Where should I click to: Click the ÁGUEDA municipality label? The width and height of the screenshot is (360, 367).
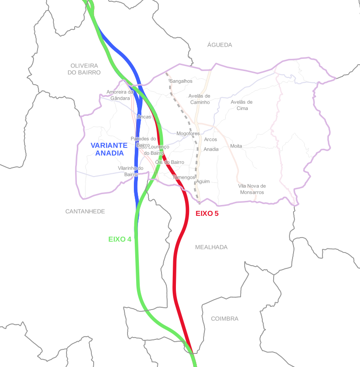pyautogui.click(x=219, y=45)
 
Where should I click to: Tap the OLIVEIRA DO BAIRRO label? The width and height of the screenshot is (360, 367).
pyautogui.click(x=84, y=69)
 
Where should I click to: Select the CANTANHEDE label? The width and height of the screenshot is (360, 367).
pyautogui.click(x=85, y=211)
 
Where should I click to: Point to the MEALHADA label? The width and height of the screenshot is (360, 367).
pyautogui.click(x=211, y=247)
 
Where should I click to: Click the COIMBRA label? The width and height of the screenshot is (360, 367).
pyautogui.click(x=224, y=319)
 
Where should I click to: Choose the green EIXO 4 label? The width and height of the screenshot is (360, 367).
pyautogui.click(x=119, y=239)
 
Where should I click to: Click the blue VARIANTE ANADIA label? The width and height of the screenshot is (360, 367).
pyautogui.click(x=109, y=149)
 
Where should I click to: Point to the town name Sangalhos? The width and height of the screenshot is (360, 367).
pyautogui.click(x=181, y=81)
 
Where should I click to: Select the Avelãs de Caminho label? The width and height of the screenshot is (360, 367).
pyautogui.click(x=199, y=99)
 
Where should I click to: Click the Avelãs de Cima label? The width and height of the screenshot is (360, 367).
pyautogui.click(x=242, y=105)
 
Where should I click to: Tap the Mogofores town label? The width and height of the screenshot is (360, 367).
pyautogui.click(x=188, y=133)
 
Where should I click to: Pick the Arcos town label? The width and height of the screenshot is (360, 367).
pyautogui.click(x=210, y=139)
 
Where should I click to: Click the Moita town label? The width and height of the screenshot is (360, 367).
pyautogui.click(x=236, y=146)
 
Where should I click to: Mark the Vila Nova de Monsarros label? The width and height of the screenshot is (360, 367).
pyautogui.click(x=252, y=189)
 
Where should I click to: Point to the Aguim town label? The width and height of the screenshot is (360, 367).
pyautogui.click(x=203, y=181)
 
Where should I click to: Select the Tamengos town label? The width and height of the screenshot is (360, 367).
pyautogui.click(x=184, y=177)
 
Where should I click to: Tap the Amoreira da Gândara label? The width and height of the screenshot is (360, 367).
pyautogui.click(x=120, y=95)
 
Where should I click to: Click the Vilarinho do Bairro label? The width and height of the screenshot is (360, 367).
pyautogui.click(x=130, y=171)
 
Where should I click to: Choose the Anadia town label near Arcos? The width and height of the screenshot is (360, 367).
pyautogui.click(x=211, y=149)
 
